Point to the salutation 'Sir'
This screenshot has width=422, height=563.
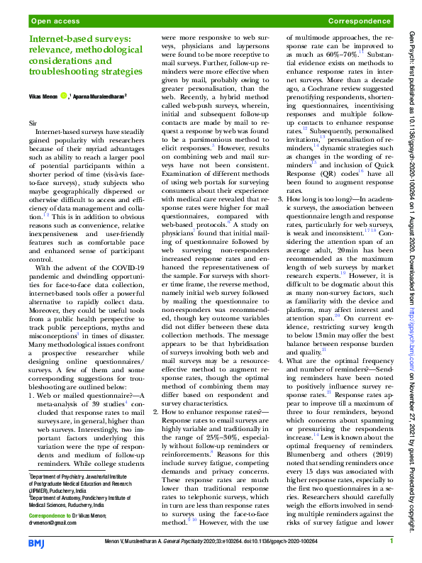click(33, 123)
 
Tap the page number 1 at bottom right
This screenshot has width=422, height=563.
click(391, 542)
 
